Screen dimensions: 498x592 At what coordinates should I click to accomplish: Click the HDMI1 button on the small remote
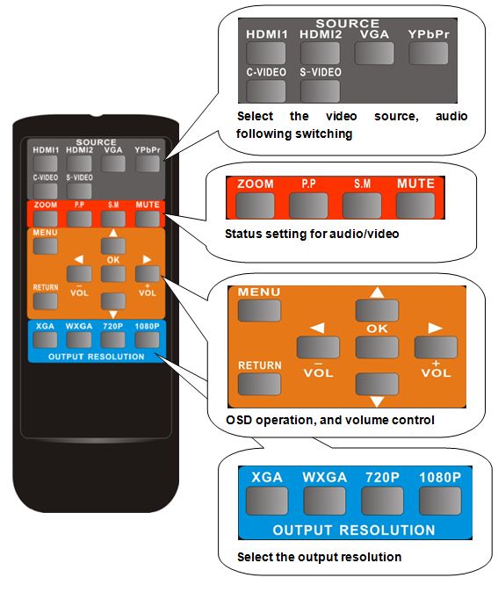tap(46, 164)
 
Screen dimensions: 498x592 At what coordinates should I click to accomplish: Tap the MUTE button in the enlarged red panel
tap(415, 206)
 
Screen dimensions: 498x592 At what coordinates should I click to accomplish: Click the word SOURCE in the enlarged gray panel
tap(347, 24)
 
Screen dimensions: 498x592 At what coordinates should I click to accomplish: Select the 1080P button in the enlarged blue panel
tap(440, 501)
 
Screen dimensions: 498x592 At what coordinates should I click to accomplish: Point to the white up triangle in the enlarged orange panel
tap(377, 292)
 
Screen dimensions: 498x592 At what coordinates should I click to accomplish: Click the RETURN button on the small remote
tap(46, 301)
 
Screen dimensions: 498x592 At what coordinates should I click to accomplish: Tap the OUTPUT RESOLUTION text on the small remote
tap(97, 357)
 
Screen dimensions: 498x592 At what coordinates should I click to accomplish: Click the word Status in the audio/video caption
tap(243, 234)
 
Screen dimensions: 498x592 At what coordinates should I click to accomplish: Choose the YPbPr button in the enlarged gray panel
tap(429, 54)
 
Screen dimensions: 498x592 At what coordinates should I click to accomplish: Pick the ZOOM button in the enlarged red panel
tap(255, 206)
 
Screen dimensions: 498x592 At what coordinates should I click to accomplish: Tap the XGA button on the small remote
tap(45, 340)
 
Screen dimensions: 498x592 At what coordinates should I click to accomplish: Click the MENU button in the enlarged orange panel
tap(259, 311)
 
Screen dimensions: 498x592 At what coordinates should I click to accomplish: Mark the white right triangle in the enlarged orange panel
tap(435, 328)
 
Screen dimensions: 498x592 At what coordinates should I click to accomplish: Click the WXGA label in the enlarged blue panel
tap(324, 478)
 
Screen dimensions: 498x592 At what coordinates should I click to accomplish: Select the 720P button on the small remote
tap(113, 340)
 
